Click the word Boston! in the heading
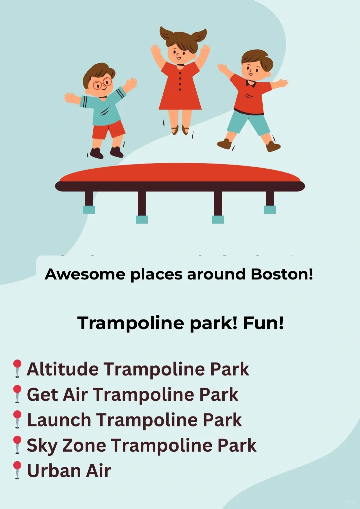282,274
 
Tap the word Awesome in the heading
85,274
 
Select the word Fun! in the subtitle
263,323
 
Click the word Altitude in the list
63,369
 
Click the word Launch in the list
59,420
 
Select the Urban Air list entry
69,471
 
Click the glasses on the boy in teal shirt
102,83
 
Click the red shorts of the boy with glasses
108,130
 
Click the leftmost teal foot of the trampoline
89,210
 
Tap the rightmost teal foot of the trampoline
270,210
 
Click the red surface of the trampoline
180,173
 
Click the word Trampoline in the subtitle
131,323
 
